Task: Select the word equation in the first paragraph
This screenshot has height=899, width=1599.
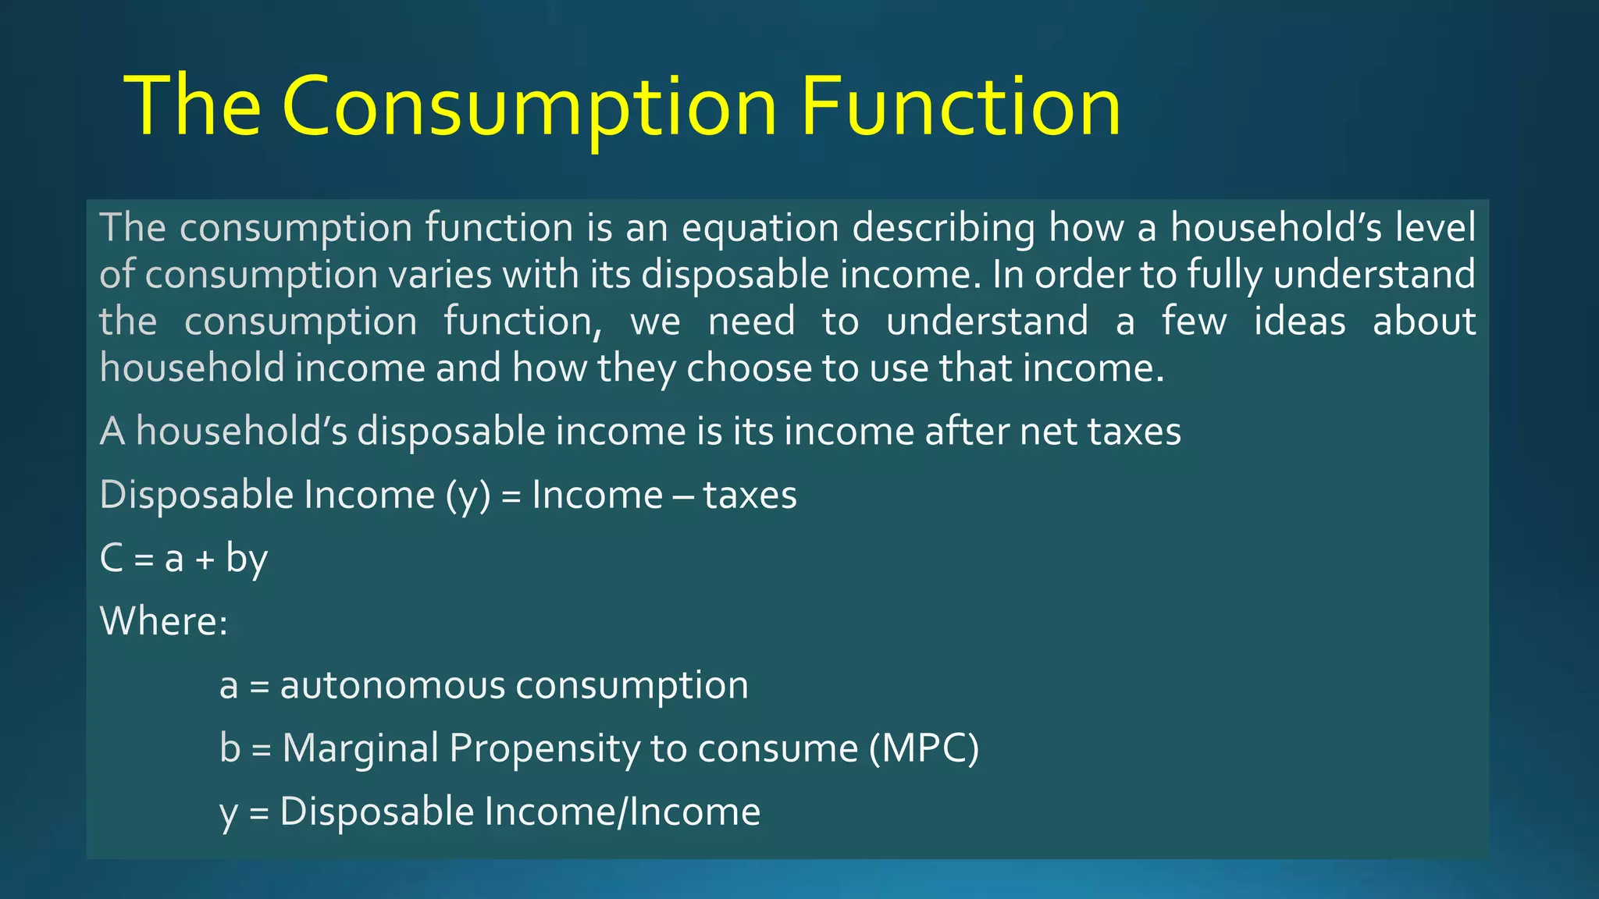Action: tap(760, 229)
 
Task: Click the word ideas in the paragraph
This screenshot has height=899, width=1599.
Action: tap(1299, 322)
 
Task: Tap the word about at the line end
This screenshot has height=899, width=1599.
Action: tap(1424, 322)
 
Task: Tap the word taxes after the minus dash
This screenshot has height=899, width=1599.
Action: tap(750, 496)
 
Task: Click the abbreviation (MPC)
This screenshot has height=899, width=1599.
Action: tap(924, 748)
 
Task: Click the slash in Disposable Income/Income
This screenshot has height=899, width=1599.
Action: tap(623, 812)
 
